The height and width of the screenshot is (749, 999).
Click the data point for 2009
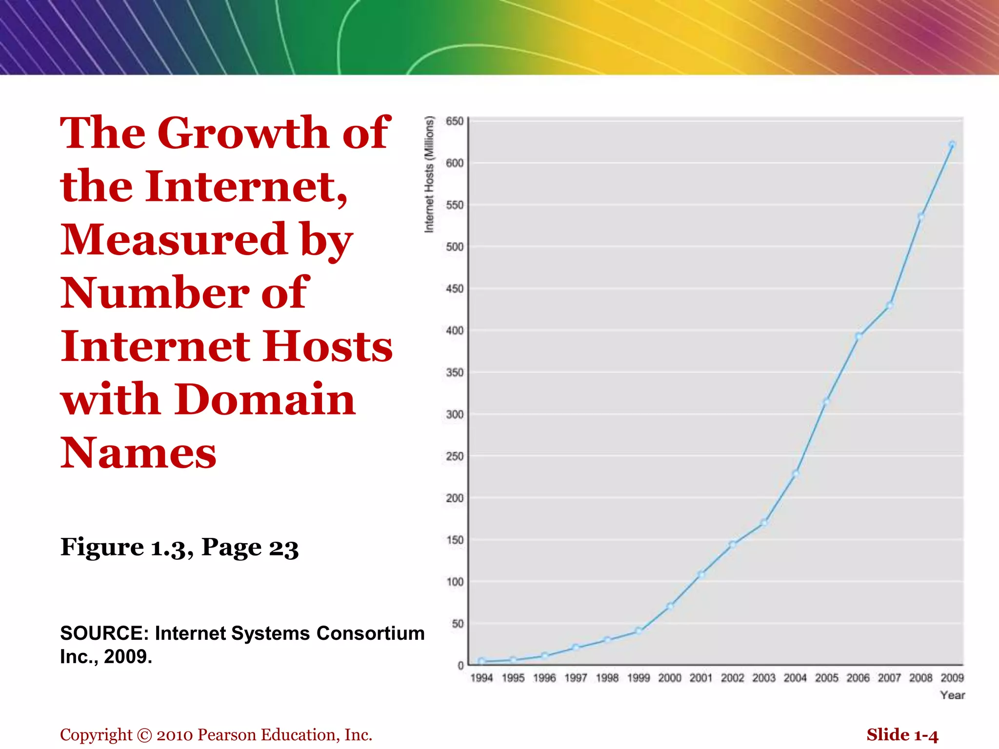point(952,144)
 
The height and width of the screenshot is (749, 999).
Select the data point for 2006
point(859,336)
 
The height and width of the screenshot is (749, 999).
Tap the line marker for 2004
point(796,473)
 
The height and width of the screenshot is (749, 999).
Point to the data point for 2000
point(670,606)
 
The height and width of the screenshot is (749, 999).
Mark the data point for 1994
point(482,661)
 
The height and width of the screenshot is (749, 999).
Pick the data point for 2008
point(921,216)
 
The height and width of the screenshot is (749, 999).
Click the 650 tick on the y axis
point(455,121)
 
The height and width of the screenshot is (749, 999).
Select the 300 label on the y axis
point(455,414)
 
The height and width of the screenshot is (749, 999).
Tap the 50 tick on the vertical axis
point(458,624)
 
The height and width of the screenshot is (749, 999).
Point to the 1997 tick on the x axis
point(576,678)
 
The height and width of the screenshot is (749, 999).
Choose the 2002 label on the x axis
point(733,678)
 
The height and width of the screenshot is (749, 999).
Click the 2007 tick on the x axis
point(889,678)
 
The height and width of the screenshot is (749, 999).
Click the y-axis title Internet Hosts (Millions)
point(429,174)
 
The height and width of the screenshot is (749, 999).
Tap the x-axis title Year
point(952,695)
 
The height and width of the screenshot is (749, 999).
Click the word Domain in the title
point(265,399)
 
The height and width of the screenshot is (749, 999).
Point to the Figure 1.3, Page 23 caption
point(179,547)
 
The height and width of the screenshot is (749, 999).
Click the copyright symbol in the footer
point(144,735)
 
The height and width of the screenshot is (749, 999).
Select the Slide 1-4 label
point(902,735)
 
